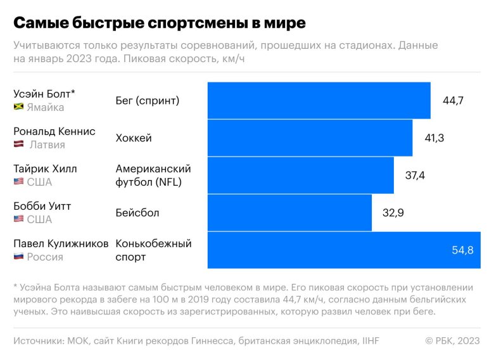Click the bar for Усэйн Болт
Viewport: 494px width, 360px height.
(319, 100)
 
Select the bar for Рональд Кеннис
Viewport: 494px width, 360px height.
(310, 138)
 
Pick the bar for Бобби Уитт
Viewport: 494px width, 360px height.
(289, 212)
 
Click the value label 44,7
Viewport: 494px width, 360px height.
(453, 100)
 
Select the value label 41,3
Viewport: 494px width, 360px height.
(434, 138)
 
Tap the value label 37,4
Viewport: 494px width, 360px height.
(415, 175)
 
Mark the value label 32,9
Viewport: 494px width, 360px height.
(393, 212)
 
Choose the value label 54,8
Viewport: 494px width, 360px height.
(462, 250)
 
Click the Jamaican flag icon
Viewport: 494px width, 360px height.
(18, 107)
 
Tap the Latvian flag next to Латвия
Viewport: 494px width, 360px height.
(18, 145)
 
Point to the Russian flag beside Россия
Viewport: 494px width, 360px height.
(18, 257)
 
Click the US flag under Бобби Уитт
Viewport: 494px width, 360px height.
(18, 219)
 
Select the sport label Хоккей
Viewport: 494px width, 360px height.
(134, 138)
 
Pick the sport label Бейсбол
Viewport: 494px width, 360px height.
(137, 212)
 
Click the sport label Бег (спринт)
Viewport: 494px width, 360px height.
(148, 100)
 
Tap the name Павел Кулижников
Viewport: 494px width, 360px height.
(61, 243)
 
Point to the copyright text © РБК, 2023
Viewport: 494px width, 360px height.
(453, 341)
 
